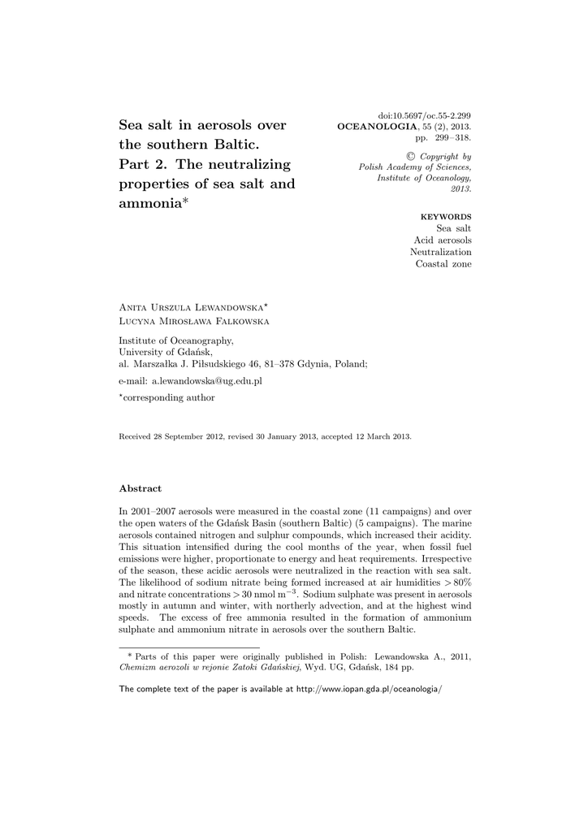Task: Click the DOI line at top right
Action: pos(425,117)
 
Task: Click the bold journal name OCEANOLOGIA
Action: pos(370,128)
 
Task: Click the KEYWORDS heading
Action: pos(445,217)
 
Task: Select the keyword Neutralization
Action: pos(440,252)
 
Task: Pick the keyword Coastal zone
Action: pos(443,264)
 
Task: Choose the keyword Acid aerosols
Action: pos(443,240)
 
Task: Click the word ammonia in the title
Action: pos(150,204)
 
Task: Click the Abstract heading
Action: pos(141,488)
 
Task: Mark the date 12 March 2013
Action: pos(382,436)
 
